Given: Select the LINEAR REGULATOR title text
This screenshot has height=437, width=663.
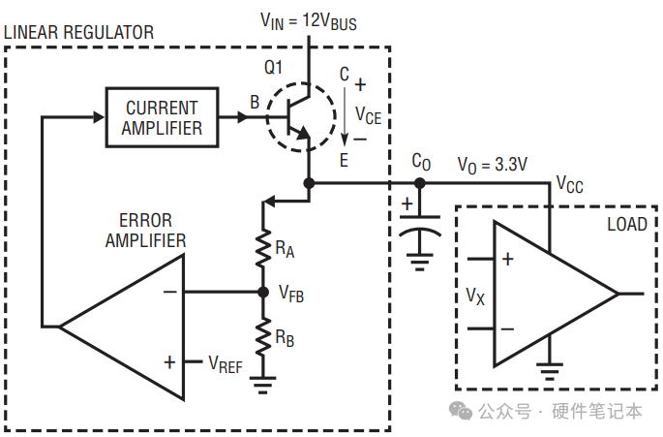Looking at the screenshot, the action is pos(78,33).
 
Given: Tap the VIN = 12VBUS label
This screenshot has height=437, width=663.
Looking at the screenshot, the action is pos(308,21).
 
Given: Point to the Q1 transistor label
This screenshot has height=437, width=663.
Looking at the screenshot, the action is pos(273,67).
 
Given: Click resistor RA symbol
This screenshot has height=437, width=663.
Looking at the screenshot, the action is pos(263,248).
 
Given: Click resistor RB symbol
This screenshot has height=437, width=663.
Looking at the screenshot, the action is pos(263,336).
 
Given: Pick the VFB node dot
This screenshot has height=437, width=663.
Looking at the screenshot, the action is pos(263,293).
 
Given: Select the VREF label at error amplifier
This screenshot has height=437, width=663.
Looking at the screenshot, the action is pos(226,364).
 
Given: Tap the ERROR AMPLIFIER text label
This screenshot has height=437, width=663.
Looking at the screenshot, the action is pos(145,231).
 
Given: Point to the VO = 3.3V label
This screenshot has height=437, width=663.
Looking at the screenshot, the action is pos(493,165).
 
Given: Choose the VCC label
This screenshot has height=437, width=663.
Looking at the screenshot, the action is pos(569,185).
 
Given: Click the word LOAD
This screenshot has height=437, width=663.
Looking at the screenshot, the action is pos(627,224).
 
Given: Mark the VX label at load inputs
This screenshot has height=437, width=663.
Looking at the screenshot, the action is pos(475,296).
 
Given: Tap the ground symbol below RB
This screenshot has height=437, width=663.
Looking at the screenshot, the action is pos(262,385).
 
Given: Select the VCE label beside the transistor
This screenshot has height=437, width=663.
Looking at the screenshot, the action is pos(369,115).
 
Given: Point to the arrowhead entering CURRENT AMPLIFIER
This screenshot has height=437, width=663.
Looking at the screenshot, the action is pos(99,117).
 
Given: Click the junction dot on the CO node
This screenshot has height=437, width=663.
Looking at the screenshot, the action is pos(419,183).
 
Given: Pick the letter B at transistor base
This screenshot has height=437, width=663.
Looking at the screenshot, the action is pos(255,102).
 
